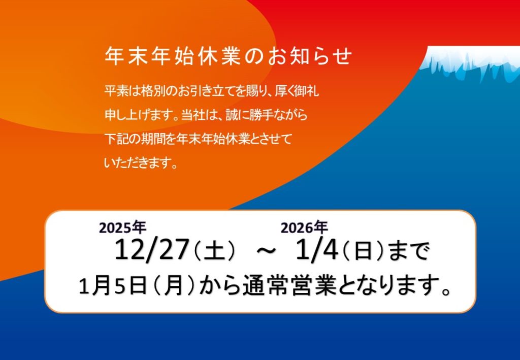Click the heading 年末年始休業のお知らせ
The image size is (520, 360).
pos(228,56)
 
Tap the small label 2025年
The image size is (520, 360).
pos(122,228)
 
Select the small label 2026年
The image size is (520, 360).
pos(304,228)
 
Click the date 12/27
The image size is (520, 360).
pos(151,250)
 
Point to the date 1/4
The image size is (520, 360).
pos(317,250)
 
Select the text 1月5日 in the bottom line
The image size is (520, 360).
pos(113,286)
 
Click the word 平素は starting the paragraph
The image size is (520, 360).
pos(122,91)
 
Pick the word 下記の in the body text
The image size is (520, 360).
pos(122,139)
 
